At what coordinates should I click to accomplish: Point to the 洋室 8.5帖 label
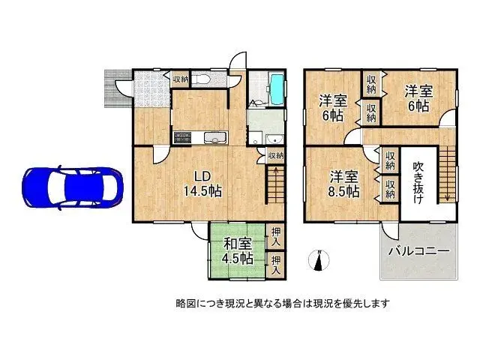click(x=346, y=183)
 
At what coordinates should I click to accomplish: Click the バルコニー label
click(x=418, y=250)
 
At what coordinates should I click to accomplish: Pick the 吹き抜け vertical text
click(x=418, y=183)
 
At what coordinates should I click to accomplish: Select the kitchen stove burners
click(x=183, y=136)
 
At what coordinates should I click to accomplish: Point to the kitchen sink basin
click(x=214, y=136)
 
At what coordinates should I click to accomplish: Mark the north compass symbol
click(x=319, y=260)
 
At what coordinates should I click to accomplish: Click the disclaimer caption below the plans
click(x=282, y=303)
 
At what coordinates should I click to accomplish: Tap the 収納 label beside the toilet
click(x=181, y=79)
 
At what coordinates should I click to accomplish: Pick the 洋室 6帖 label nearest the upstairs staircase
click(x=418, y=97)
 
